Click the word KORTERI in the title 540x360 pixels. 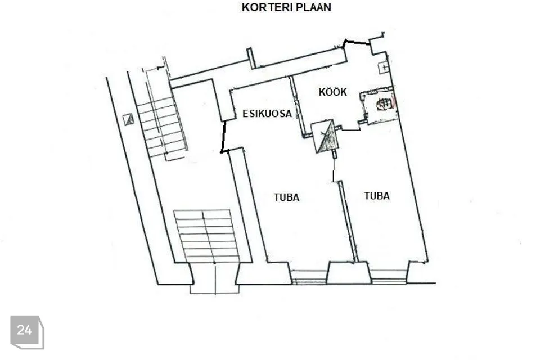(264, 7)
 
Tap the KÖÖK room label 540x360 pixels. (332, 92)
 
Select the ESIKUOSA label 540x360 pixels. (267, 114)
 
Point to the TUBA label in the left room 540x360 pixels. (286, 197)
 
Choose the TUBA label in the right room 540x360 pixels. (377, 196)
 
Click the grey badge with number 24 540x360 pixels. (27, 332)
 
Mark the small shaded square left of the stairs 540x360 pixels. (129, 120)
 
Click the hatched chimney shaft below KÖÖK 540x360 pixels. (325, 136)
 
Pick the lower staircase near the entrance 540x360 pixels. (206, 236)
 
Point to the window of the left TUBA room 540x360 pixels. (309, 277)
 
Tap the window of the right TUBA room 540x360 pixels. (389, 276)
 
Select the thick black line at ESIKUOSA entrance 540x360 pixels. (223, 137)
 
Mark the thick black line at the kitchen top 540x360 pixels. (357, 42)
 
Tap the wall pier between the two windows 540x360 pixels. (349, 273)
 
